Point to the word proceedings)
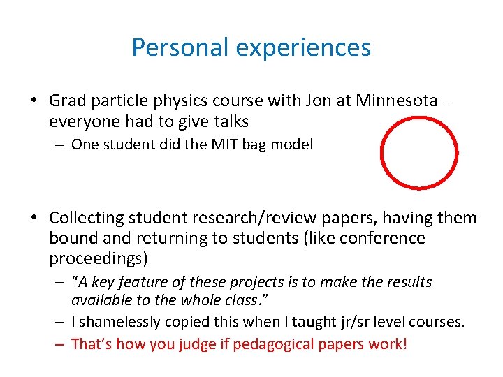(99, 258)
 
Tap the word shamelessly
(119, 323)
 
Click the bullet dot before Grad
(33, 101)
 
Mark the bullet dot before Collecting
(33, 219)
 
